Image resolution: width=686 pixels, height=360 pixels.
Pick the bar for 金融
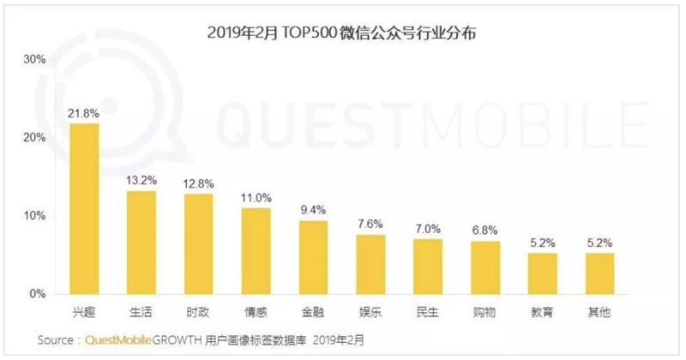coord(313,257)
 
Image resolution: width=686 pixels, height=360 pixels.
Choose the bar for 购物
coord(485,267)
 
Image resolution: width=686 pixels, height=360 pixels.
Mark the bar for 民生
coord(428,266)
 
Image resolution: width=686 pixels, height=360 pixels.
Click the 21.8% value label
coord(84,113)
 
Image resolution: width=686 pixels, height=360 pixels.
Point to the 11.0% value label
coord(256,197)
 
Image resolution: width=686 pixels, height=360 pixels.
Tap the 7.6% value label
coord(370,224)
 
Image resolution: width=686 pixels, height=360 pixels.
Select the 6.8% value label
coord(485,231)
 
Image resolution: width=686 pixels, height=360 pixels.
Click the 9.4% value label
coord(313,210)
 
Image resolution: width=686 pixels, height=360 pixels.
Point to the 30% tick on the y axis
coord(35,60)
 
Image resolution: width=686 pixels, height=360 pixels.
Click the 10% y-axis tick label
coord(35,216)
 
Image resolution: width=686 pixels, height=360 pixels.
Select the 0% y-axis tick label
coord(39,294)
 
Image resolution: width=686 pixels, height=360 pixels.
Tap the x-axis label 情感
coord(256,313)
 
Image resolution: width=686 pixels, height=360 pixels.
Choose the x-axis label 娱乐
coord(370,313)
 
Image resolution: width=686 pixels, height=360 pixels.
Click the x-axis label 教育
coord(542,313)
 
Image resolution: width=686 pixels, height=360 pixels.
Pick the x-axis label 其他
coord(599,313)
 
